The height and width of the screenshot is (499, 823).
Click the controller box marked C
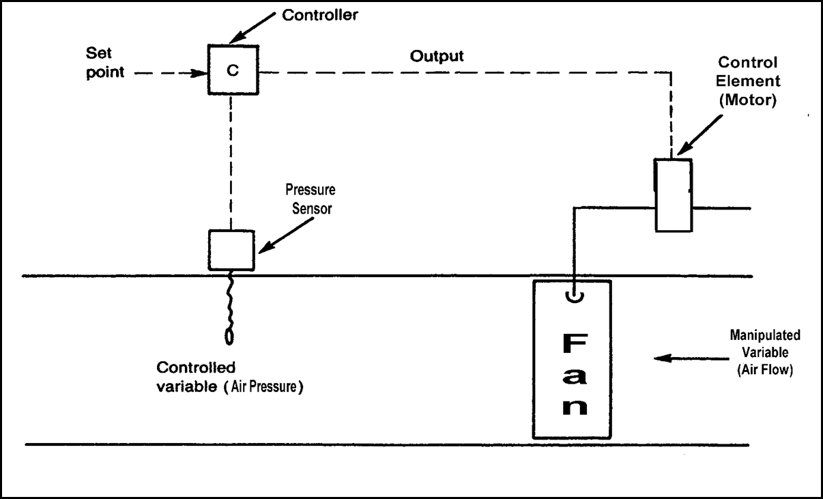tap(233, 71)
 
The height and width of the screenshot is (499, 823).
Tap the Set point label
tap(105, 62)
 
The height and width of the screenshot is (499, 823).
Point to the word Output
tap(437, 57)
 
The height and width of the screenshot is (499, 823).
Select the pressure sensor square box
tap(231, 251)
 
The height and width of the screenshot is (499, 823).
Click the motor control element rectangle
tap(673, 195)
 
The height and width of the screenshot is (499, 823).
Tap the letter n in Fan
tap(573, 405)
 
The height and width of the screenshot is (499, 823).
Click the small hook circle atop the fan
tap(574, 297)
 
